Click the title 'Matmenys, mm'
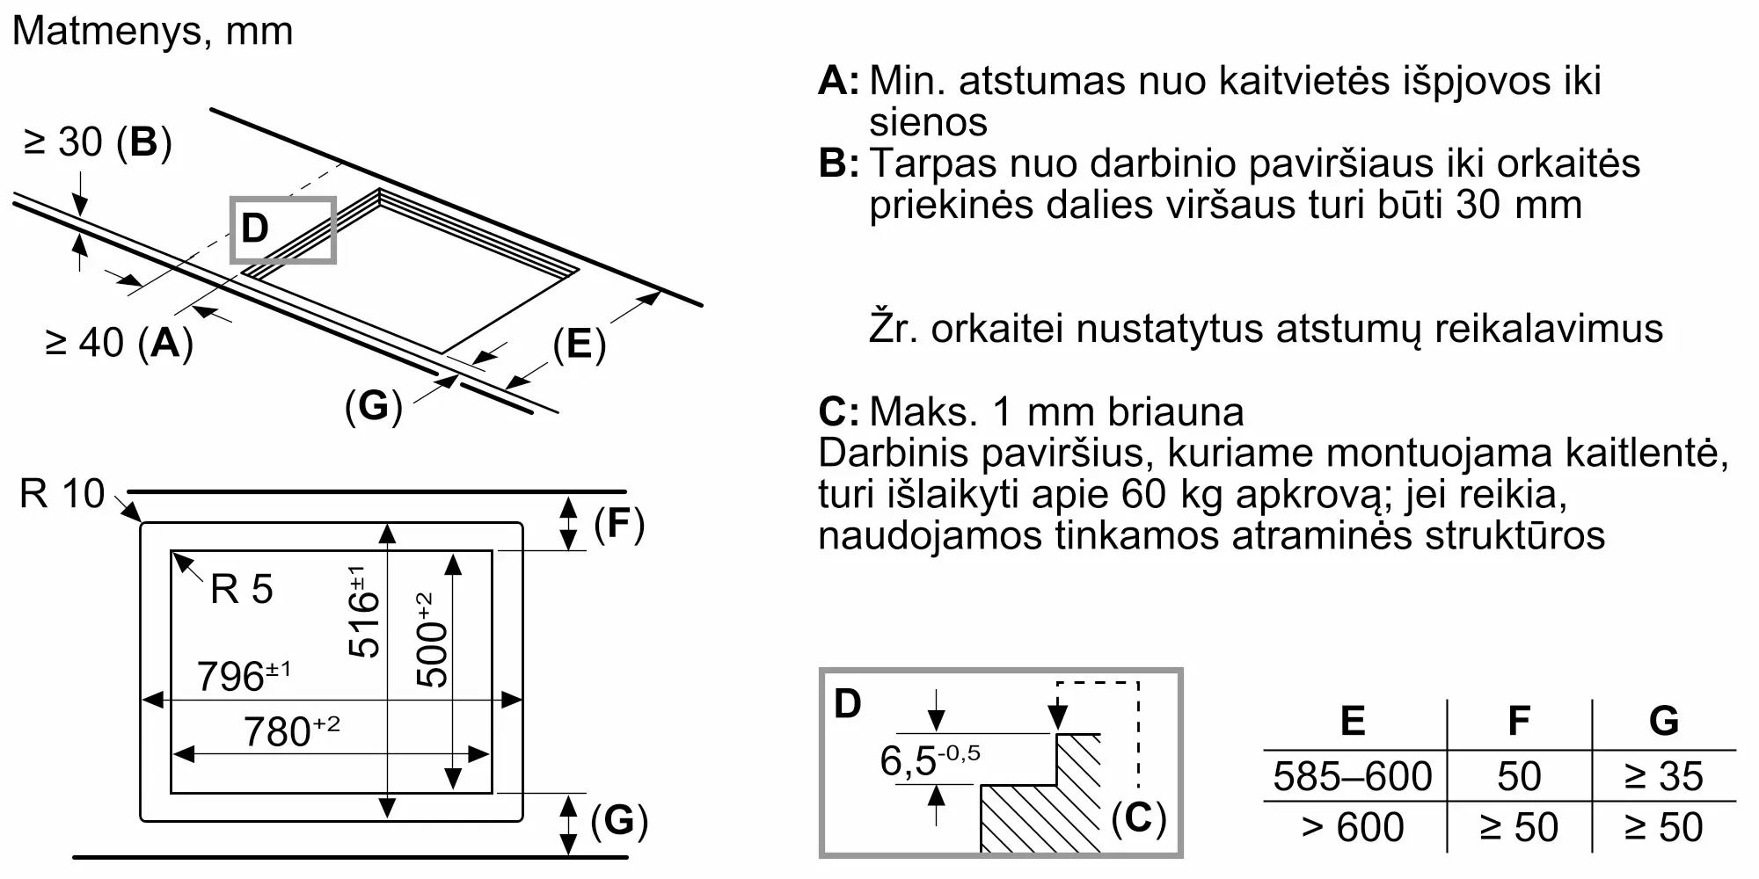(152, 32)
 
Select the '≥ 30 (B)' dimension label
(98, 142)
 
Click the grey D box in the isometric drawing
(283, 230)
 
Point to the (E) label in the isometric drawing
(580, 344)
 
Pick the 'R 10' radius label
(62, 494)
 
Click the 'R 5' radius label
(242, 589)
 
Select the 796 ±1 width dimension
(243, 675)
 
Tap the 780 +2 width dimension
(291, 731)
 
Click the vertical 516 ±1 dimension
(363, 612)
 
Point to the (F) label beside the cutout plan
(619, 524)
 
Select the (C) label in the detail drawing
(1138, 819)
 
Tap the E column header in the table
(1353, 721)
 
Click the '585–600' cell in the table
(1353, 776)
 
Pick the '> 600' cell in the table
(1353, 827)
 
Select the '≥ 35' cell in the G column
(1664, 776)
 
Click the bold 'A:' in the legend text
(839, 81)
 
